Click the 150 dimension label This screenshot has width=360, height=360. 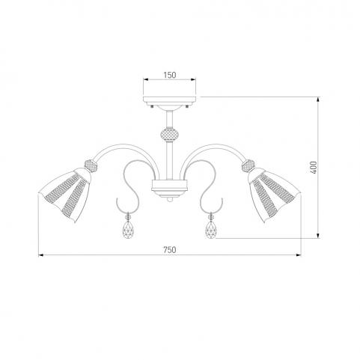(170, 75)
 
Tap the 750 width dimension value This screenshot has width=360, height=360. (170, 249)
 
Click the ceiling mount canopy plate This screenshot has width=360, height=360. (170, 100)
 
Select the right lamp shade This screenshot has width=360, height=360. (274, 195)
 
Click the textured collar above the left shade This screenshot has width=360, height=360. (91, 165)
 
